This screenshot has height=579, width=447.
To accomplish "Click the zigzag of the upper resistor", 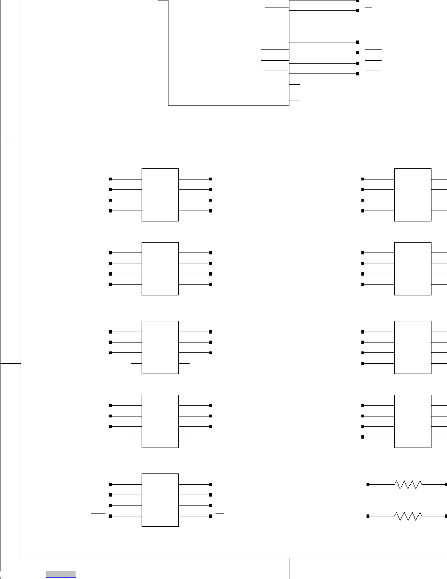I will [x=407, y=484].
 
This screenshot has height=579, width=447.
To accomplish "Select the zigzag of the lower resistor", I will [x=407, y=516].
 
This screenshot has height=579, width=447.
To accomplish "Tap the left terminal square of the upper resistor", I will [x=368, y=484].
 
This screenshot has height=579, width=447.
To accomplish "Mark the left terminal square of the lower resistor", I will [x=368, y=516].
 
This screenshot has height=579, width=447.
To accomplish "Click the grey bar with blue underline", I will [x=61, y=574].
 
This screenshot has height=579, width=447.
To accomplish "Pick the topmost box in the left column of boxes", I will [x=160, y=194].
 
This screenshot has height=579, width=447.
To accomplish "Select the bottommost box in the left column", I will [x=160, y=499].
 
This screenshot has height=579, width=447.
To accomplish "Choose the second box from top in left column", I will [x=160, y=269].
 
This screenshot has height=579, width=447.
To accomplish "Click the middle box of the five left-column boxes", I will [x=160, y=347].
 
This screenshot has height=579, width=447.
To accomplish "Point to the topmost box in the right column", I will [x=413, y=194].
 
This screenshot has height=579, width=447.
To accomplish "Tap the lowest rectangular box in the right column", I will [x=413, y=421].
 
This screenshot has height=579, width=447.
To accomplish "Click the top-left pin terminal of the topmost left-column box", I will [x=111, y=179].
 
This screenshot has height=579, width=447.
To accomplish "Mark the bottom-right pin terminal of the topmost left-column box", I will [x=210, y=211].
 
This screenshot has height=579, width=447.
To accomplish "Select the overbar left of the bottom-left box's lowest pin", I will [x=98, y=512].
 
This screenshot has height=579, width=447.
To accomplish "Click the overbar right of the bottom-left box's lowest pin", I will [x=220, y=512].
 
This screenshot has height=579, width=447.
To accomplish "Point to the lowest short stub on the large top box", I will [x=295, y=100].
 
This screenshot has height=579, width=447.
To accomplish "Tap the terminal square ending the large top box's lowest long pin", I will [x=358, y=73].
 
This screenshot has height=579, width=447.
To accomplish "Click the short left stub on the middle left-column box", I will [x=136, y=364].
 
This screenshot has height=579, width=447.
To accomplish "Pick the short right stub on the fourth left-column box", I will [x=184, y=437].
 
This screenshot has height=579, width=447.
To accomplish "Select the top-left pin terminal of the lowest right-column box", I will [x=363, y=405].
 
